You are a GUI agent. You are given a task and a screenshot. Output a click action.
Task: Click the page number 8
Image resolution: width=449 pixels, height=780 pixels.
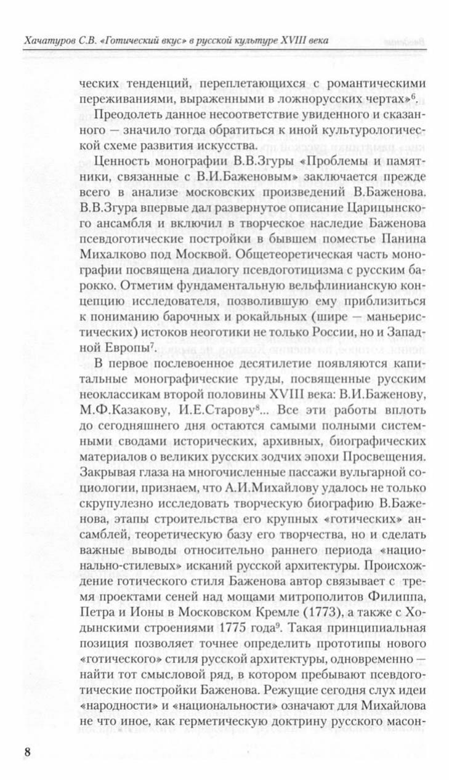click(26, 753)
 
